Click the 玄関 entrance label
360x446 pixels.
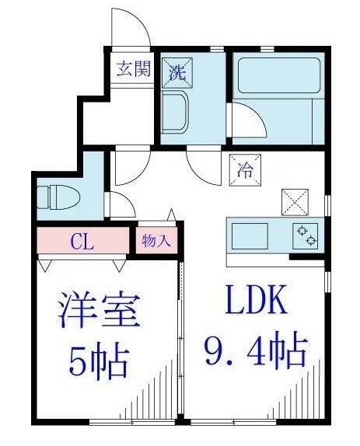(133, 68)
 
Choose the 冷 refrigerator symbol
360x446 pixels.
(241, 166)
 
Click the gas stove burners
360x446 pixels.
(306, 235)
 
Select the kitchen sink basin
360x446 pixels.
(249, 234)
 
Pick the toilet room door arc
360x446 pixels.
(121, 204)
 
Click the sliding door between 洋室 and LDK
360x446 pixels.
(181, 342)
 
